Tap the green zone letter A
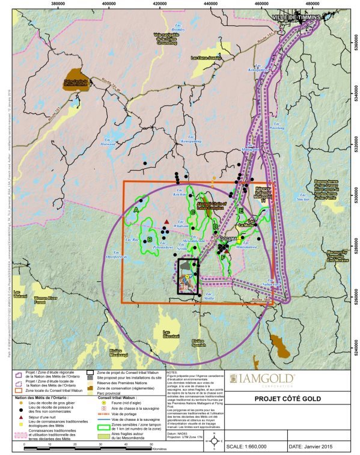[x=136, y=210]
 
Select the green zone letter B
[x=149, y=240]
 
